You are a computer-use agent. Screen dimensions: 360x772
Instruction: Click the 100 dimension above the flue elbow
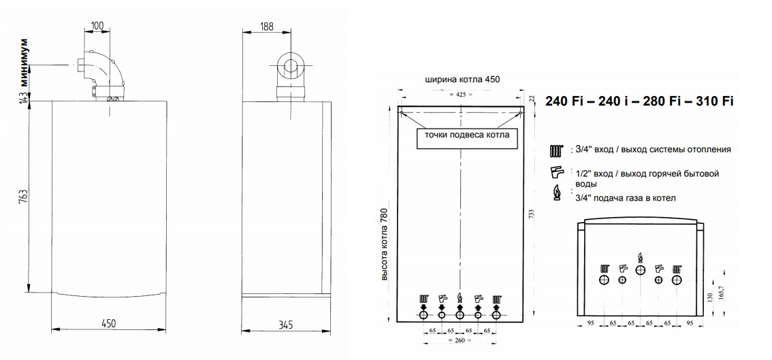(x=97, y=26)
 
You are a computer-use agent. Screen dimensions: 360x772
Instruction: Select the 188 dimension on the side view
(x=267, y=27)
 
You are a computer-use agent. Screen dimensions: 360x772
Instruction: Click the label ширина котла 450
(x=462, y=80)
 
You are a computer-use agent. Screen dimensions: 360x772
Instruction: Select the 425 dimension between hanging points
(x=461, y=94)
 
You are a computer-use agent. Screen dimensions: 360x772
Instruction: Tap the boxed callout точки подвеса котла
(x=466, y=135)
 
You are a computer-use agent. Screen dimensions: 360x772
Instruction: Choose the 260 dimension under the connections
(x=460, y=340)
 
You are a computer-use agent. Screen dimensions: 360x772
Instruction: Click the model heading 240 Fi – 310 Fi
(x=639, y=101)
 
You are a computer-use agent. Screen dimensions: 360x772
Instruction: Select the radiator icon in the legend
(x=556, y=150)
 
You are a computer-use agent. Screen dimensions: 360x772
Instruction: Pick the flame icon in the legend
(x=556, y=194)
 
